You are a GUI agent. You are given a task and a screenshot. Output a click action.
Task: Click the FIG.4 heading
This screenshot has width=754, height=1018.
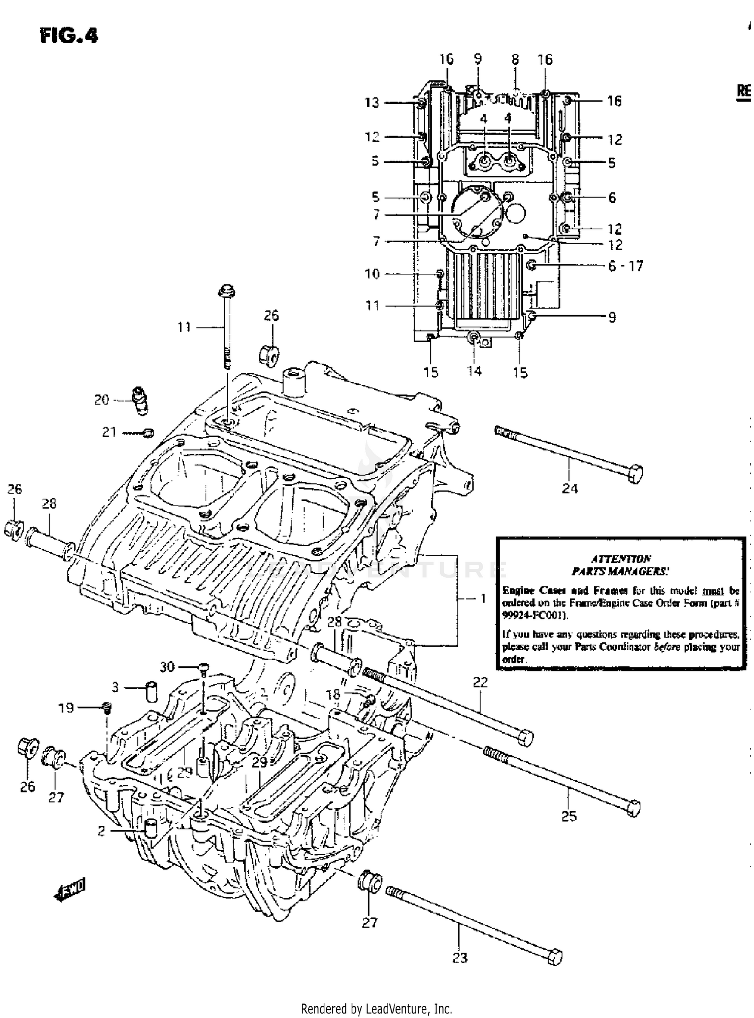(69, 36)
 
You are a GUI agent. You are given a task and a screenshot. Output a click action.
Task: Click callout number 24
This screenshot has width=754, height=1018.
(570, 488)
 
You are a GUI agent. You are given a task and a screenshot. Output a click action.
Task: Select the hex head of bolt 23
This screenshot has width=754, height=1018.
(554, 957)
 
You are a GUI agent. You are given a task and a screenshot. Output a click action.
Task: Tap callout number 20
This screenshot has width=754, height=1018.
(102, 399)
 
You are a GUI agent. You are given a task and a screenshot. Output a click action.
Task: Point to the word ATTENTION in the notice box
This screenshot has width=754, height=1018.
(621, 558)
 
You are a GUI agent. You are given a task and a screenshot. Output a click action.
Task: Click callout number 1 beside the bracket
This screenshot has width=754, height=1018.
(483, 598)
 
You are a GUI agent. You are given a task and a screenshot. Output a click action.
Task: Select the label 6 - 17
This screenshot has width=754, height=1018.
(625, 266)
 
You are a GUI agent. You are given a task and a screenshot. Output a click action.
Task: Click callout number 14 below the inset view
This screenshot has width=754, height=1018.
(474, 371)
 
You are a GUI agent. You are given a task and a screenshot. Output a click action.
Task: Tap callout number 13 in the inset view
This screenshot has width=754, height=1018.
(371, 103)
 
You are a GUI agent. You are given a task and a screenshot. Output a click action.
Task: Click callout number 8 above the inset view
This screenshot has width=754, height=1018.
(515, 59)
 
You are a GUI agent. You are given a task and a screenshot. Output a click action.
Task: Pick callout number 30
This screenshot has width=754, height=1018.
(167, 666)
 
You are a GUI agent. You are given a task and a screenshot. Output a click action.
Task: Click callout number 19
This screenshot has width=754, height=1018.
(66, 707)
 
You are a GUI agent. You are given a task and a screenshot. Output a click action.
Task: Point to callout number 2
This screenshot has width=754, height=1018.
(101, 831)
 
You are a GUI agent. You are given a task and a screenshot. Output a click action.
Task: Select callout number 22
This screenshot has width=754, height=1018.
(480, 682)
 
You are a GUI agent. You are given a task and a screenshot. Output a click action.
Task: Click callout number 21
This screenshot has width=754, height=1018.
(109, 432)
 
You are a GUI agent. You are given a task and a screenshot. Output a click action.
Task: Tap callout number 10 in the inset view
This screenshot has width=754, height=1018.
(372, 274)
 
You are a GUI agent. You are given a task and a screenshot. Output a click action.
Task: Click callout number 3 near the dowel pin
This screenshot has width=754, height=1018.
(115, 687)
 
